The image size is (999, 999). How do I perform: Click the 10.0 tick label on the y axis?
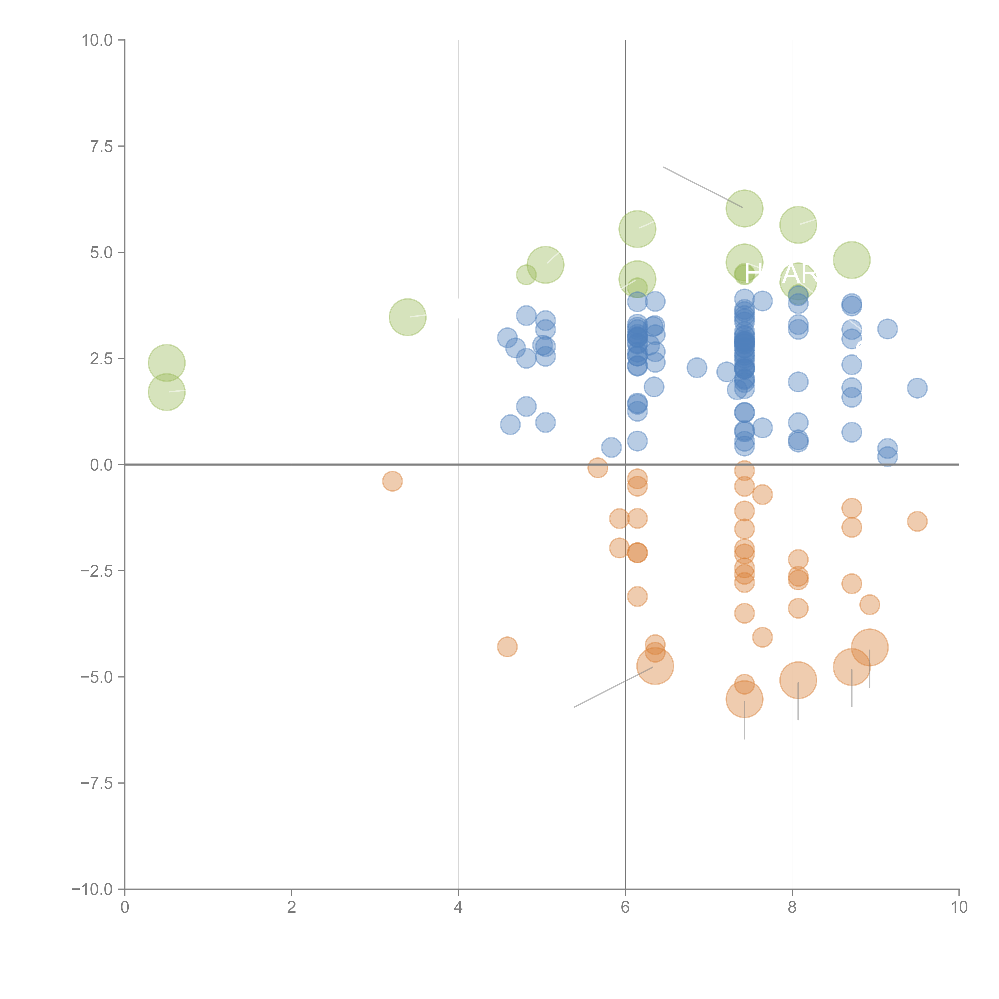97,40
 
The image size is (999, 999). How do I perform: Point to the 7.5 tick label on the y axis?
101,146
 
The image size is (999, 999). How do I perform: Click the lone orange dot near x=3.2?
392,481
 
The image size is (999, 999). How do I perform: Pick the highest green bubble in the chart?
744,208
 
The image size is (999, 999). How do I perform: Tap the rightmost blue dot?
917,388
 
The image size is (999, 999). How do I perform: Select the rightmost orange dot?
917,521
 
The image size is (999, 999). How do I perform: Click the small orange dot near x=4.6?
507,646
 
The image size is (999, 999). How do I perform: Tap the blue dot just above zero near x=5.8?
611,447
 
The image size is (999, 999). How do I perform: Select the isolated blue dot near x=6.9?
697,368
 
